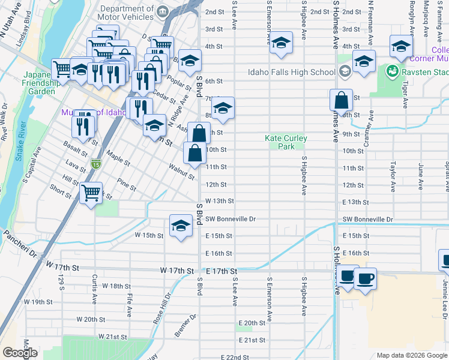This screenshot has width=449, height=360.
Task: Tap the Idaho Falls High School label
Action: [291, 73]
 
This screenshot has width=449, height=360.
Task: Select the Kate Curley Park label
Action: [286, 142]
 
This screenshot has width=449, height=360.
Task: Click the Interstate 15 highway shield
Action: [95, 163]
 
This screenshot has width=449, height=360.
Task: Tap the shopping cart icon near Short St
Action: [91, 193]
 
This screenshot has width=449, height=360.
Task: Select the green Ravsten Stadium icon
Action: [392, 72]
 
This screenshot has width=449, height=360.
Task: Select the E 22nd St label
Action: [235, 357]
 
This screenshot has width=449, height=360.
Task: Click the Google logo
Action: [20, 353]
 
